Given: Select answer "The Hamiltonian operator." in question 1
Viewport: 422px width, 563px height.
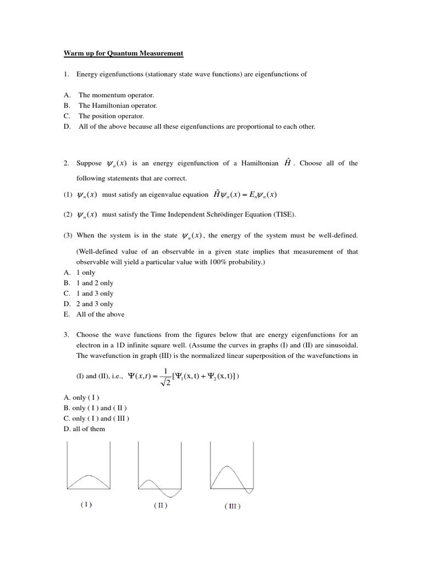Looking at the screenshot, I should [118, 106].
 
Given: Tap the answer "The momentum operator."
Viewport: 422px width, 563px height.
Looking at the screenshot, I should [116, 95].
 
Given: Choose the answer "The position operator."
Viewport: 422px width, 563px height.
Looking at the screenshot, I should [111, 116].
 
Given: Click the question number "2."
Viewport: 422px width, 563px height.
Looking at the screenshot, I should [66, 163].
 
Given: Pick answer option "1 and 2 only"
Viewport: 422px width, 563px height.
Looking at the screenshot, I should [95, 283].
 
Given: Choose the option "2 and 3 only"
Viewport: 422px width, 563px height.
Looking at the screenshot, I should [95, 304].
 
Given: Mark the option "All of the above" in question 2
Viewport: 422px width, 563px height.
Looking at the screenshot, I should [100, 314].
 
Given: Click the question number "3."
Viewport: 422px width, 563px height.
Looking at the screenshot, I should [66, 335].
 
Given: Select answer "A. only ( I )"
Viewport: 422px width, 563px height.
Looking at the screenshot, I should [82, 398].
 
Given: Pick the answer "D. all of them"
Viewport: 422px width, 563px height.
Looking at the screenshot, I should [84, 429].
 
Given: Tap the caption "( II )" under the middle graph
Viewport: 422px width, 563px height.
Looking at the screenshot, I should [160, 505].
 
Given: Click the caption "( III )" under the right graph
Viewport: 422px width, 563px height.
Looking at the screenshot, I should [232, 506].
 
